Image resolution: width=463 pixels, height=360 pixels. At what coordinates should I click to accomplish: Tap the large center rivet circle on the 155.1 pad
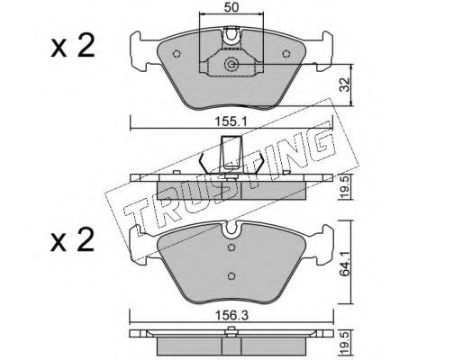coord(231,64)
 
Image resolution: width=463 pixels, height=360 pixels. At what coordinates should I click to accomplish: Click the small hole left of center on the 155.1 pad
coord(177,53)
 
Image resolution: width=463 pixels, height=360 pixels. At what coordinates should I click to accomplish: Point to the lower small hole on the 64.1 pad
coord(231,275)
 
